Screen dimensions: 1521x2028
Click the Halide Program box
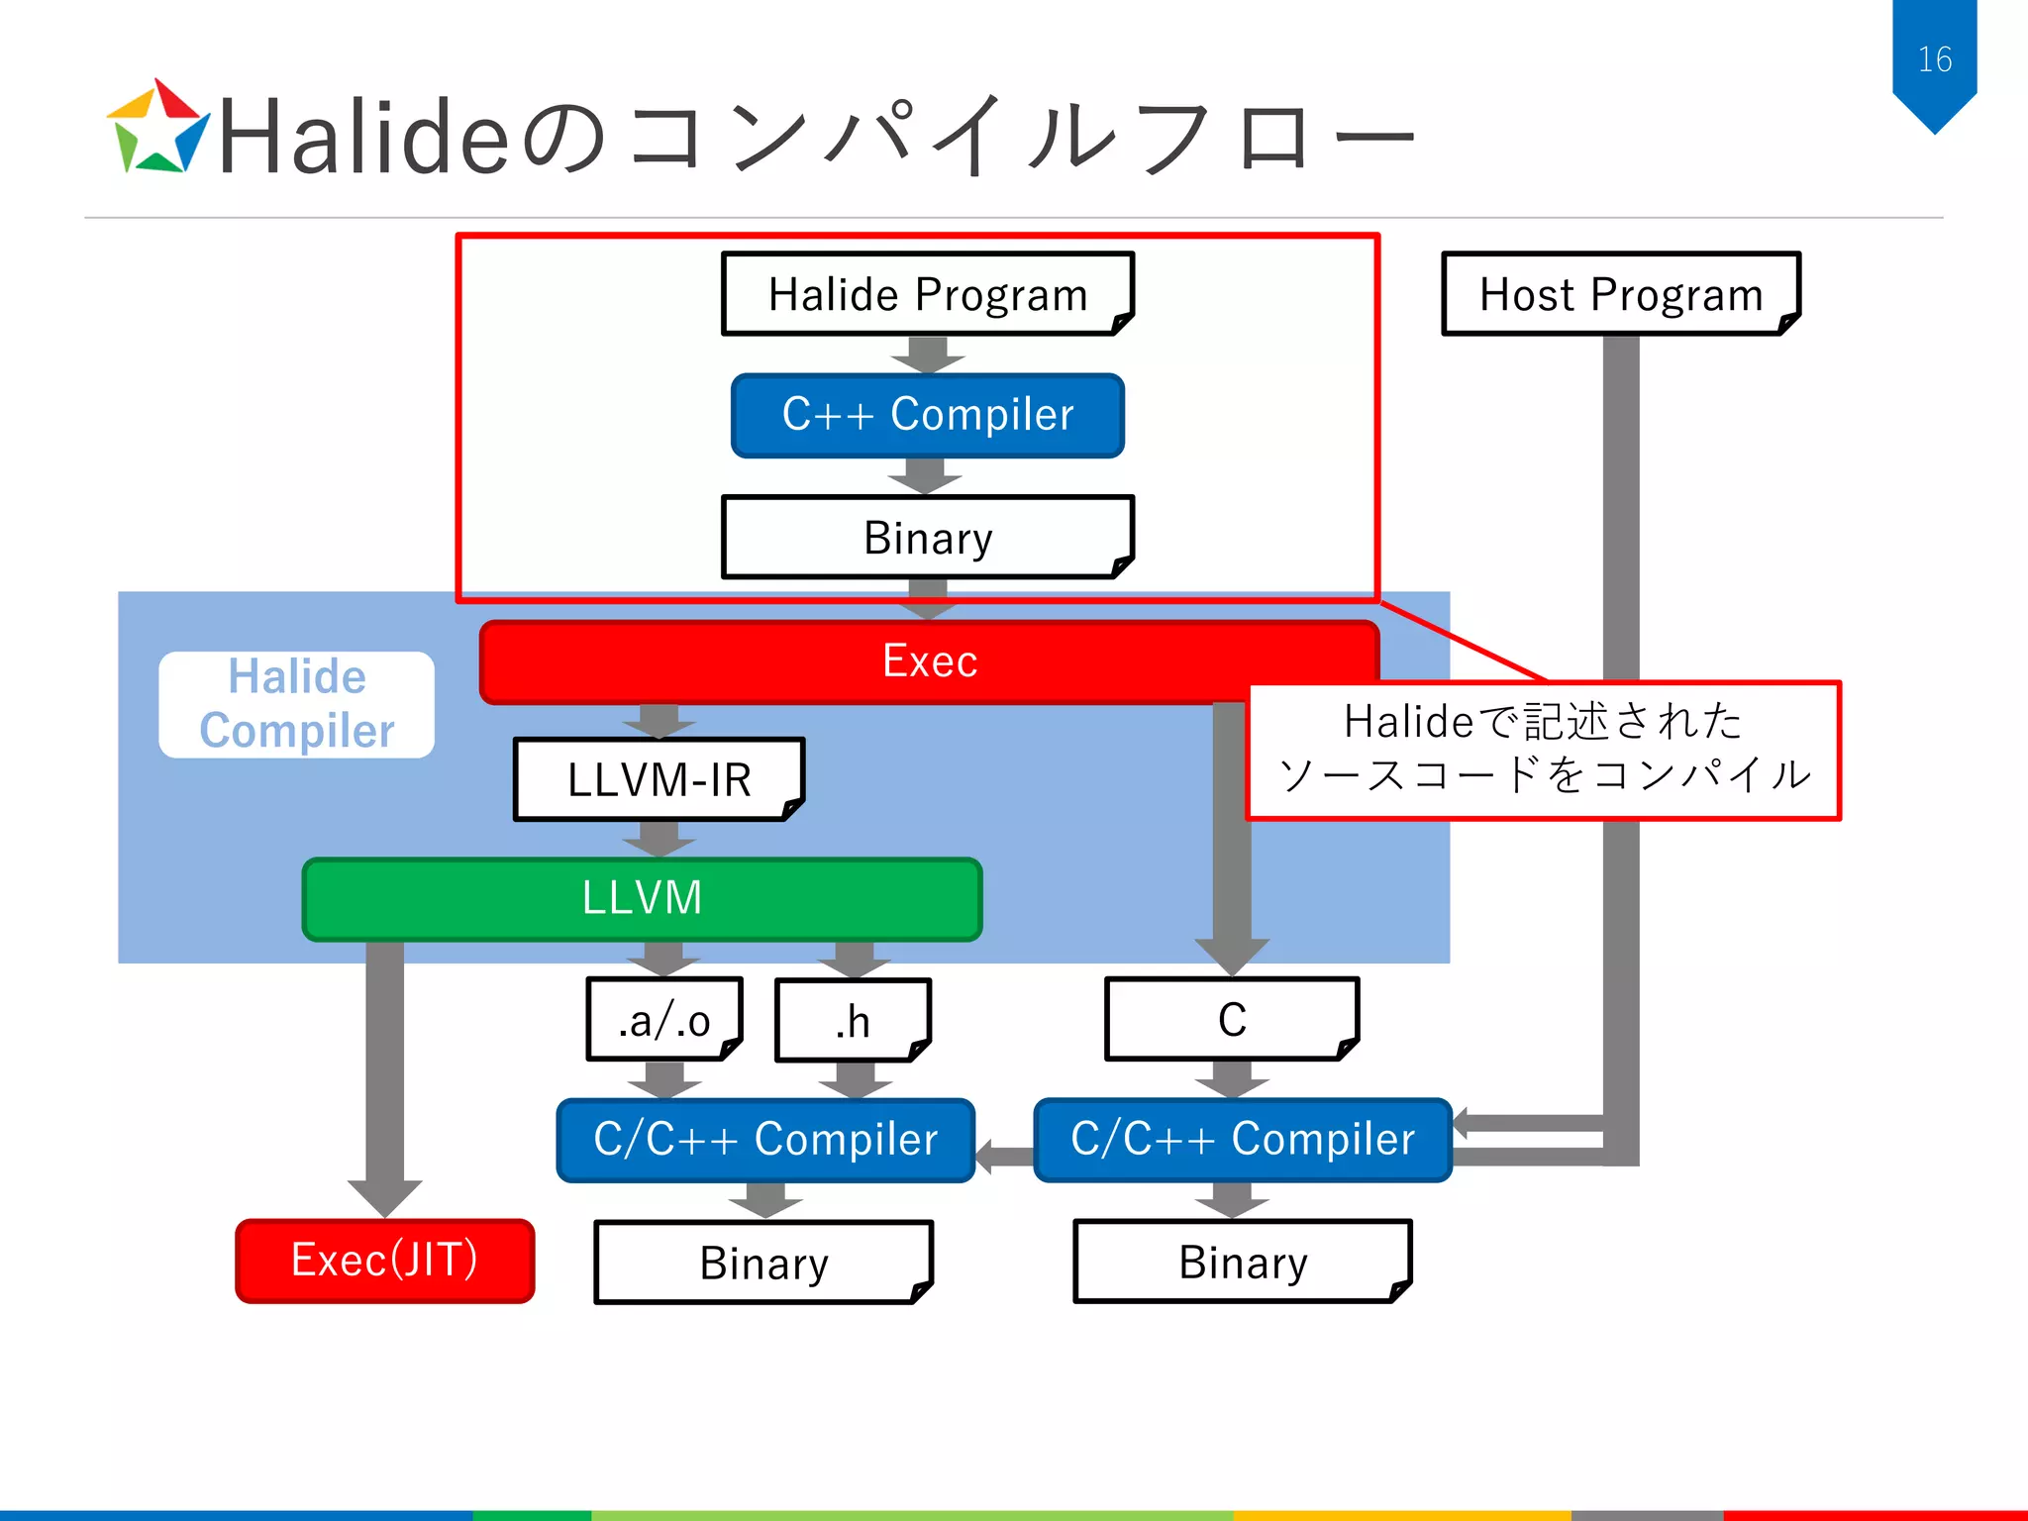927,294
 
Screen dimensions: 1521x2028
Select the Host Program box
1620,294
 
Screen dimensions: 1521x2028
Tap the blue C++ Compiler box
927,415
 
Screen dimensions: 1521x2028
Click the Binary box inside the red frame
927,538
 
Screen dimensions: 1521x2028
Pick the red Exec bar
929,661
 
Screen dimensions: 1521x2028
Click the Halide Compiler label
296,704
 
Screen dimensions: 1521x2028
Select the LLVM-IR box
659,779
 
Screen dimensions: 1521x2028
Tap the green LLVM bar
642,898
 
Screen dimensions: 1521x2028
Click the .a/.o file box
664,1020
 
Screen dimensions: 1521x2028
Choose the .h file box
853,1020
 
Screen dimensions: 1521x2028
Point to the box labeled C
1231,1020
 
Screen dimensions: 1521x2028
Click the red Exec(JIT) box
384,1261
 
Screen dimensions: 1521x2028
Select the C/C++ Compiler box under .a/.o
765,1140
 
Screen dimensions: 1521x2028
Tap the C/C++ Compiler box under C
1242,1140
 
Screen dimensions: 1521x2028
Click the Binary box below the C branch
1242,1263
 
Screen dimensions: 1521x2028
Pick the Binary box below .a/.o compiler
763,1263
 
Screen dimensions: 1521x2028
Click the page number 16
1934,59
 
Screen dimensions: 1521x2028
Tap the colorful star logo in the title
157,129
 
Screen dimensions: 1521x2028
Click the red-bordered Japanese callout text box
1543,750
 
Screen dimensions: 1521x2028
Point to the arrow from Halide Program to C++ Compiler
928,355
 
